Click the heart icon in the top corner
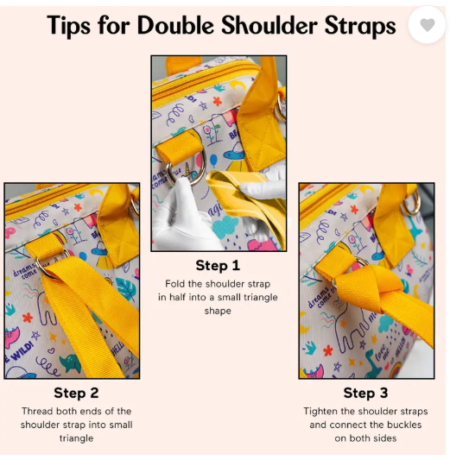click(x=428, y=26)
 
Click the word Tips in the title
click(x=69, y=26)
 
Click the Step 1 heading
click(x=219, y=265)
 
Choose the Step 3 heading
click(x=366, y=394)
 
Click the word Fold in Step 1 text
click(x=175, y=283)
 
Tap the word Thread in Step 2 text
click(x=43, y=412)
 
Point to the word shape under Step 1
click(x=219, y=311)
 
